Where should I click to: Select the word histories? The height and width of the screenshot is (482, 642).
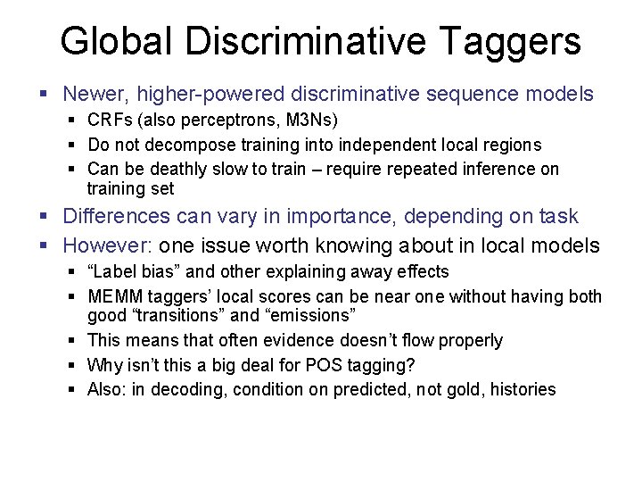(x=522, y=389)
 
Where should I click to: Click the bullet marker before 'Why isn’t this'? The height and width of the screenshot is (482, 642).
(x=75, y=365)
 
